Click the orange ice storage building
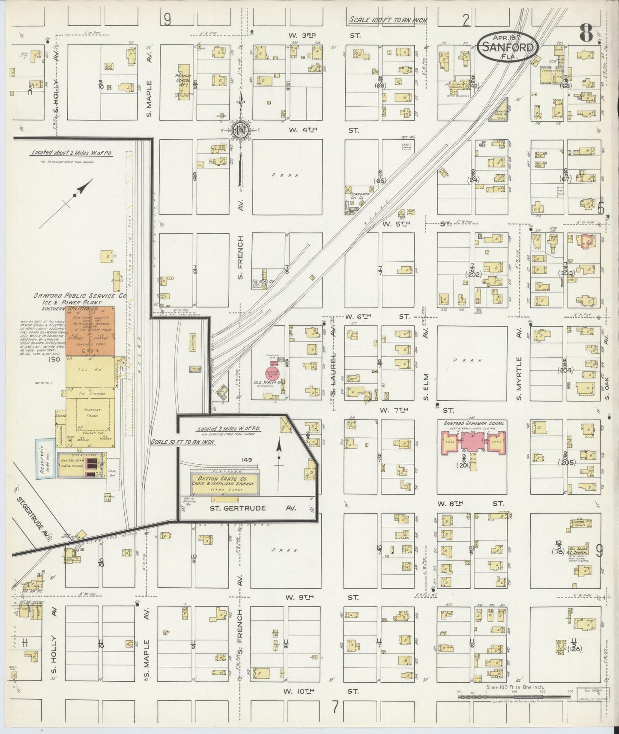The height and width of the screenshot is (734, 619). (90, 331)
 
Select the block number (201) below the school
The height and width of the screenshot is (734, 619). (464, 465)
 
